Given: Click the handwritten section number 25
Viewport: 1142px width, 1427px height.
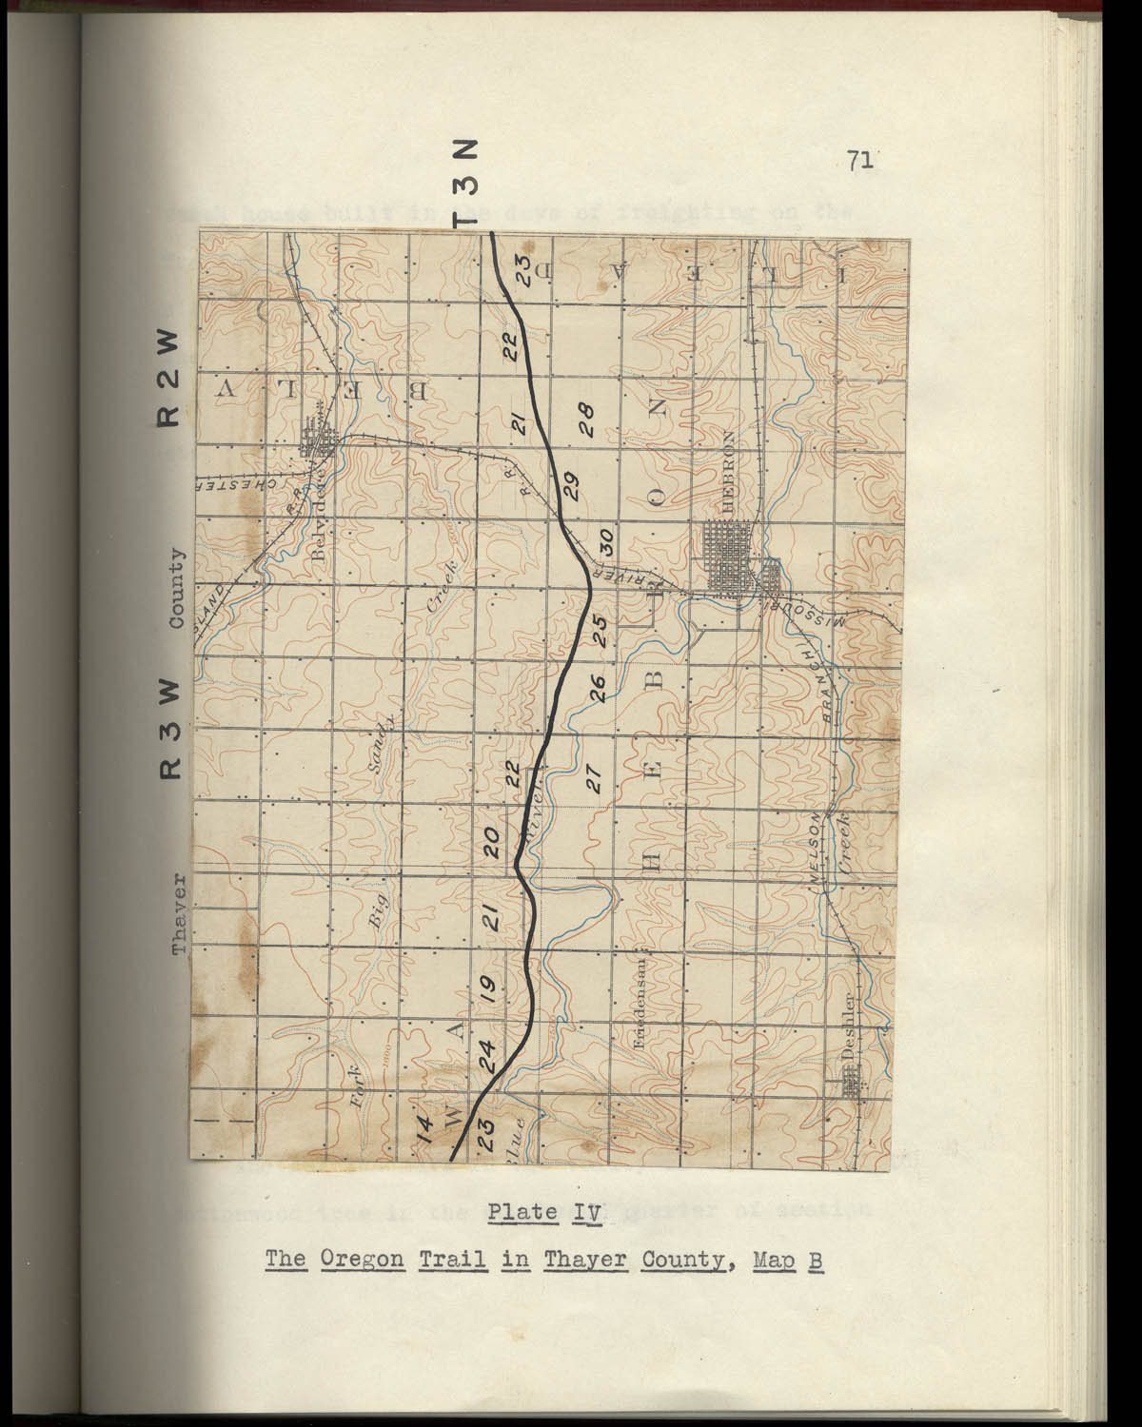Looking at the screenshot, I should coord(600,630).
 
